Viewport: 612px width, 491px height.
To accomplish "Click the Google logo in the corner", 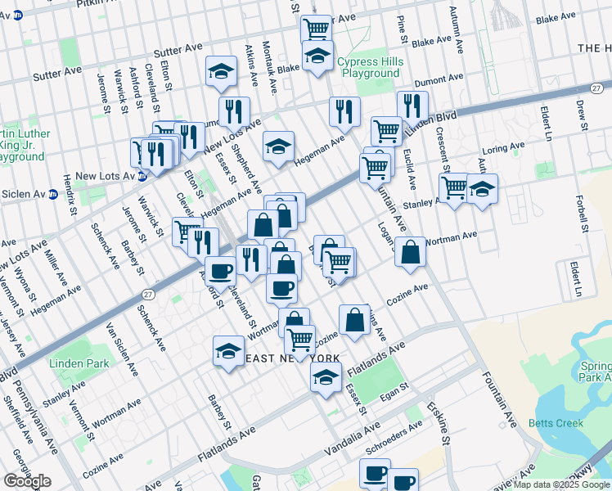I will pos(27,481).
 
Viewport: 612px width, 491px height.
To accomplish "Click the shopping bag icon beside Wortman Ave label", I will pos(410,252).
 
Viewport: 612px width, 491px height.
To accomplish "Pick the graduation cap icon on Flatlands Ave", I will pos(326,378).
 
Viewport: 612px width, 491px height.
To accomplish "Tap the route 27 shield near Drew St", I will pos(598,88).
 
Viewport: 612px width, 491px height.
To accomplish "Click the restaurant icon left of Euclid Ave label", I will pos(412,106).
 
